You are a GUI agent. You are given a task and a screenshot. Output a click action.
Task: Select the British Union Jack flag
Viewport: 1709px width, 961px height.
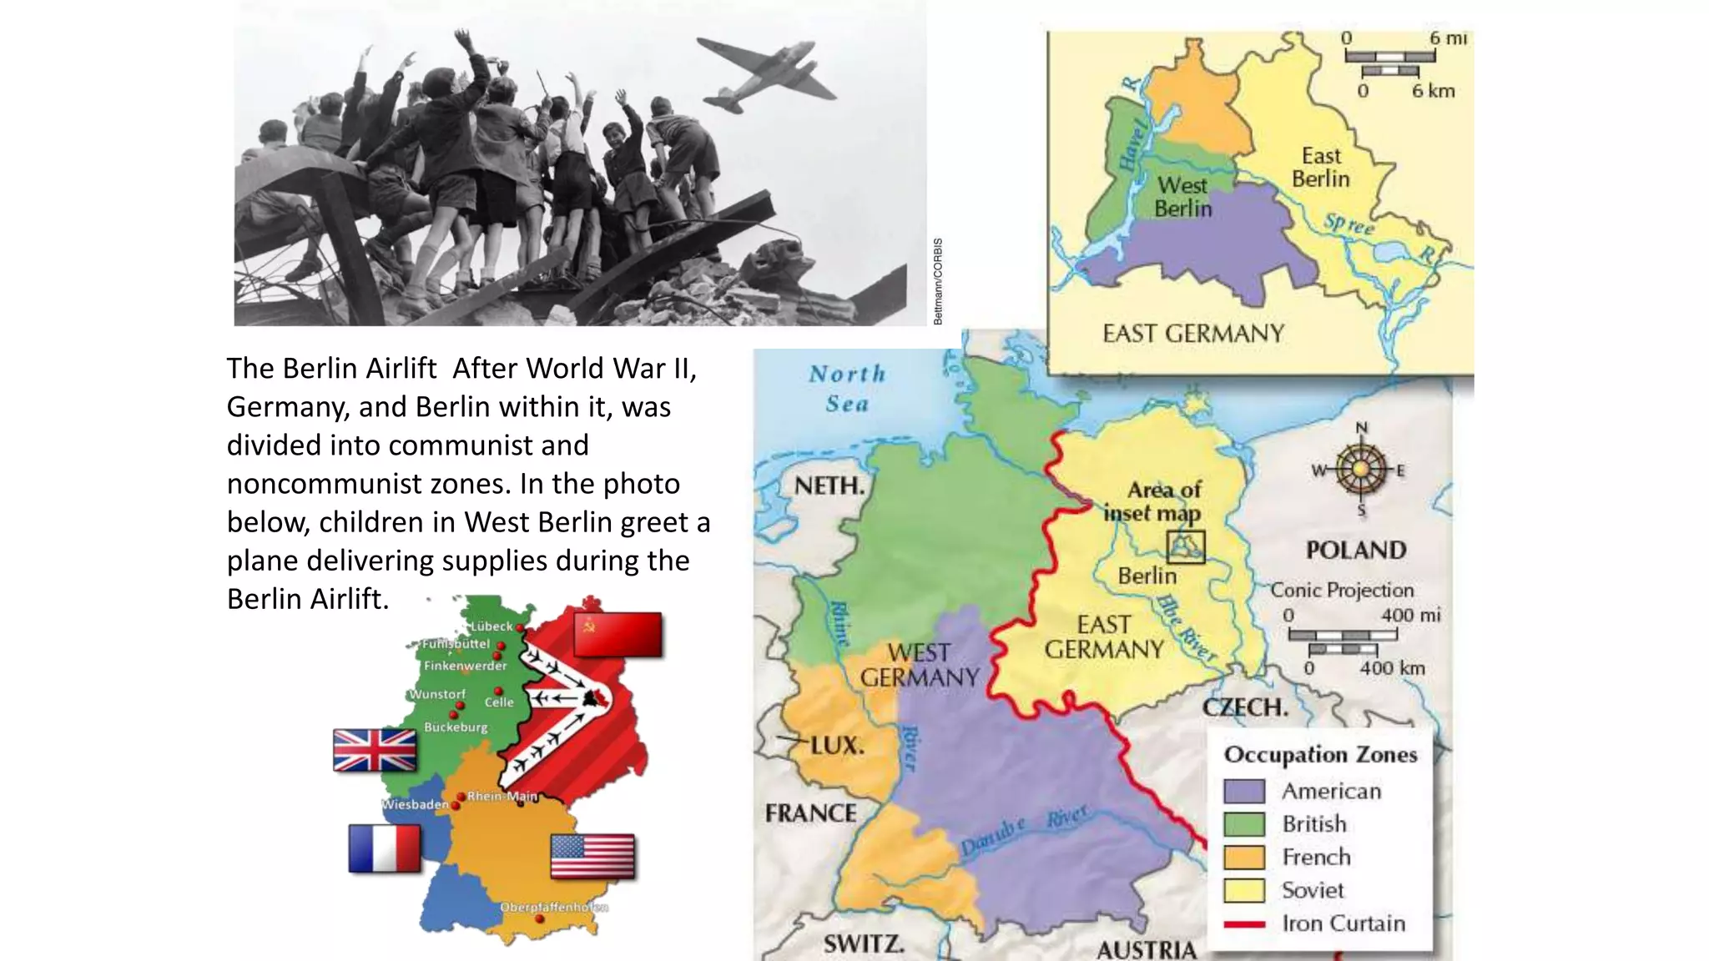tap(374, 750)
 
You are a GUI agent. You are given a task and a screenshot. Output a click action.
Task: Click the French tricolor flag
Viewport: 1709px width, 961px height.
tap(385, 848)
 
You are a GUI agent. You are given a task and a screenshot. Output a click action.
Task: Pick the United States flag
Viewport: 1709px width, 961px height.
tap(592, 856)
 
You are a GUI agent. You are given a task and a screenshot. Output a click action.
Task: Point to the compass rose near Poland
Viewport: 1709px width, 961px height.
tap(1361, 469)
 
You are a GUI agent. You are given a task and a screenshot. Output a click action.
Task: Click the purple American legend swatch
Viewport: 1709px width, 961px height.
tap(1243, 790)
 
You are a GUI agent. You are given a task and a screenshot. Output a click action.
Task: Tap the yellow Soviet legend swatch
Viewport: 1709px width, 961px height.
tap(1243, 890)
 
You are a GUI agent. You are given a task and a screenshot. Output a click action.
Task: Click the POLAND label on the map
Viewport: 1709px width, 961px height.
tap(1356, 550)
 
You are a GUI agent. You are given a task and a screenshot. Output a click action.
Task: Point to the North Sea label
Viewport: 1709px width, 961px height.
tap(847, 388)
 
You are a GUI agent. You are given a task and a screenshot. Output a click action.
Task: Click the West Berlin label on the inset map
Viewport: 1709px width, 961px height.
tap(1182, 197)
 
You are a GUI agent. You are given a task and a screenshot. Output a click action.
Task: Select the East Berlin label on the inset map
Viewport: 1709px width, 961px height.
tap(1320, 167)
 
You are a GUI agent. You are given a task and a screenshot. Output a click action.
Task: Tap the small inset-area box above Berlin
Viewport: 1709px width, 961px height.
tap(1185, 547)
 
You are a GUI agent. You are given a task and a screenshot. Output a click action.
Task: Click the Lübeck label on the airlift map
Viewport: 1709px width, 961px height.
tap(492, 626)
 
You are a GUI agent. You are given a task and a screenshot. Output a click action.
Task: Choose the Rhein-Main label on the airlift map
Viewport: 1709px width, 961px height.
tap(502, 796)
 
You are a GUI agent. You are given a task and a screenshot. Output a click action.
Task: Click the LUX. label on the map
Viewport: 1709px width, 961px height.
tap(837, 745)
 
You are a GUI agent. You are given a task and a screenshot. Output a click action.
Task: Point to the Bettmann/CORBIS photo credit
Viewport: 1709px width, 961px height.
tap(938, 281)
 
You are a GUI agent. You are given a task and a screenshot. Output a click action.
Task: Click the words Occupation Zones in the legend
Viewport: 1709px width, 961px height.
tap(1320, 754)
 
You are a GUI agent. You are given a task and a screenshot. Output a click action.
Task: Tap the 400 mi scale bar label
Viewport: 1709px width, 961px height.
tap(1410, 615)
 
